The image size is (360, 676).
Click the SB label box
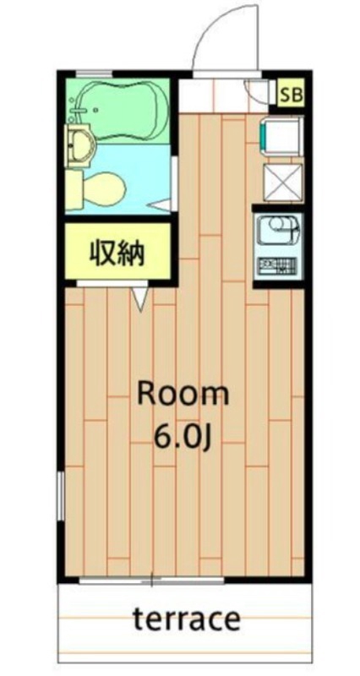coord(291,93)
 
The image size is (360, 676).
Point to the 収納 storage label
coord(117,251)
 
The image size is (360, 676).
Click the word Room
coord(183,393)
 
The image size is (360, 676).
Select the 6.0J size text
coord(183,437)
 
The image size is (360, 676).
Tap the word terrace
coord(186,620)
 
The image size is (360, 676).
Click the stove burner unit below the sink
coord(277,268)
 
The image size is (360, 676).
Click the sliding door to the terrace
coord(152,582)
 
